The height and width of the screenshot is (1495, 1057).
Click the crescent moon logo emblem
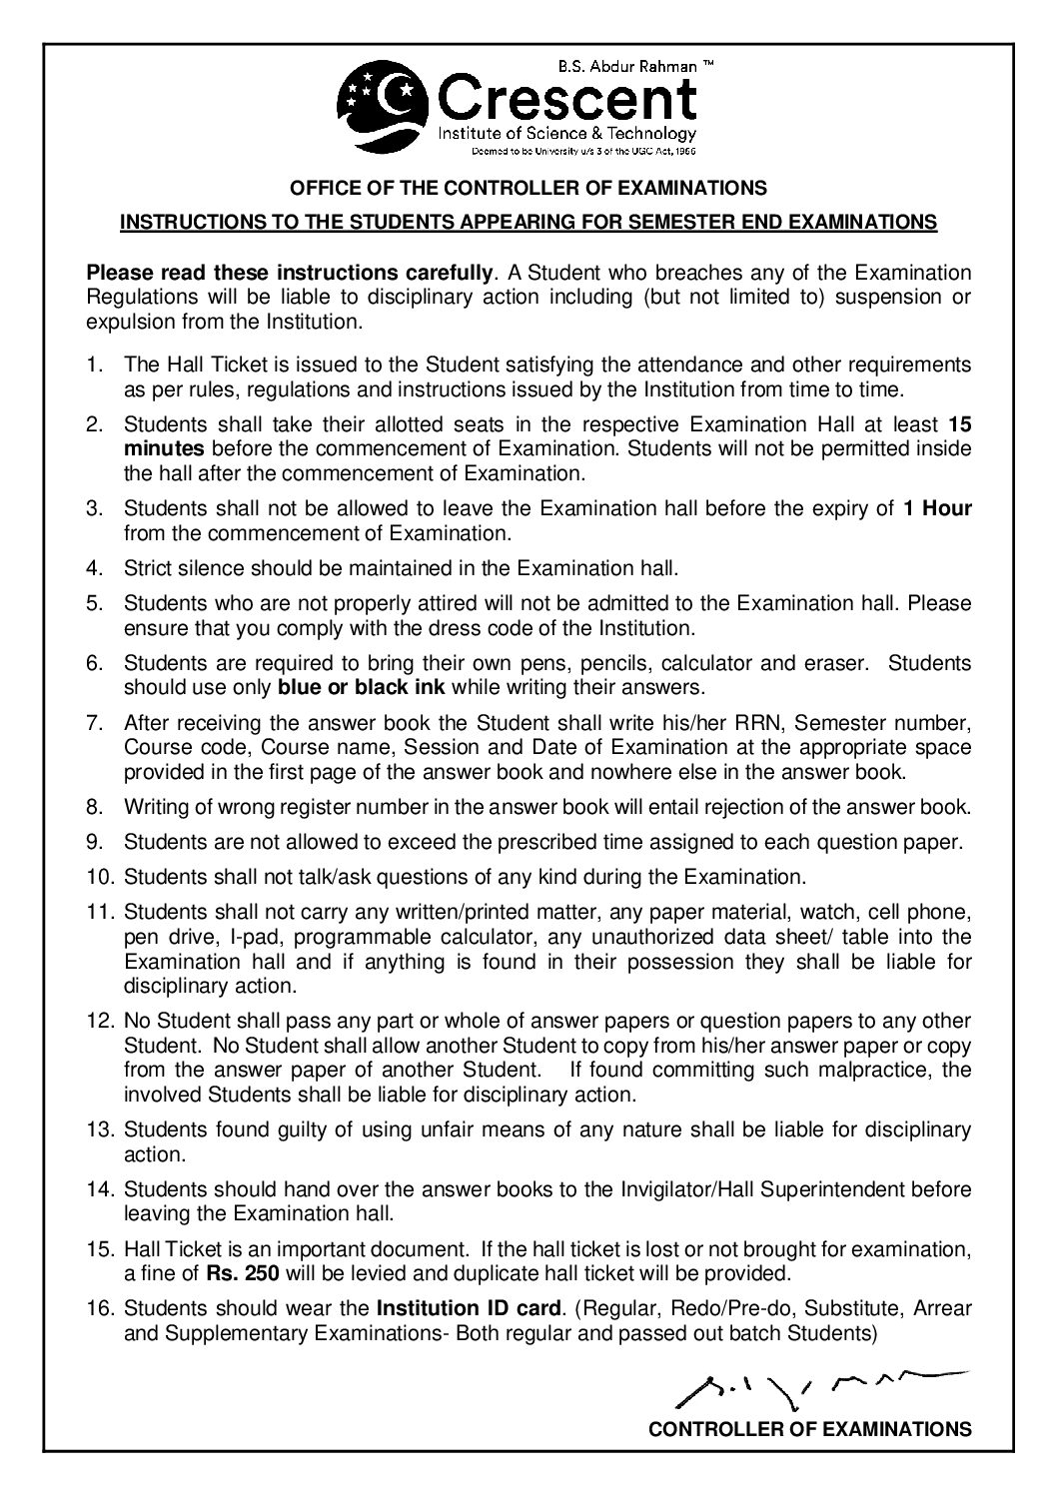[x=386, y=104]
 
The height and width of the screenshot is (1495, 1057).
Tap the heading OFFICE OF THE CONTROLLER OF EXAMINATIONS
[x=528, y=187]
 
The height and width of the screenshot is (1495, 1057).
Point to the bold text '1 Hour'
[x=937, y=508]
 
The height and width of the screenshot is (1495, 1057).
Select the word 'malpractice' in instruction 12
[x=876, y=1070]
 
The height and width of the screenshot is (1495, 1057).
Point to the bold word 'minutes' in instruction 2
[x=164, y=448]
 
